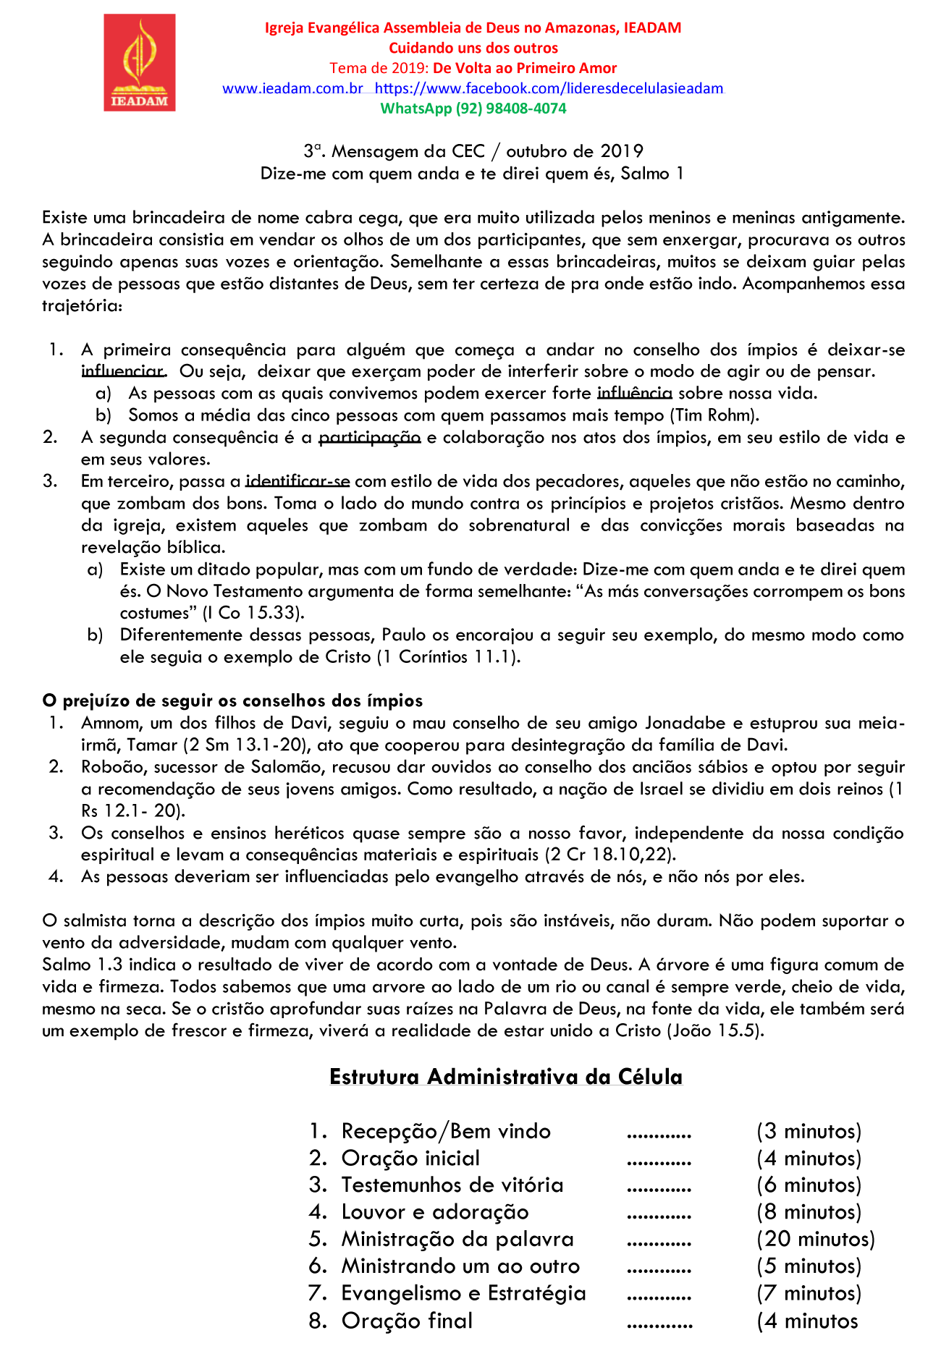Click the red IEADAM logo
click(x=139, y=63)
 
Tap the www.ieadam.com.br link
click(x=292, y=88)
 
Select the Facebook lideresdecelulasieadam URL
click(x=549, y=88)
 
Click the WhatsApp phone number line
click(x=473, y=109)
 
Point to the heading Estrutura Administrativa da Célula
click(x=505, y=1077)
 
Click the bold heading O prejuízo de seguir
click(x=232, y=700)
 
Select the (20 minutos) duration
click(x=816, y=1239)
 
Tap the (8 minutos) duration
click(x=809, y=1212)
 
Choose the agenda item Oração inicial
click(x=410, y=1159)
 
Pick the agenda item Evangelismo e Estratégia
click(x=463, y=1293)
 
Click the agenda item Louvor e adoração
click(x=435, y=1212)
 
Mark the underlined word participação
click(x=370, y=438)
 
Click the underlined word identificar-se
click(x=298, y=482)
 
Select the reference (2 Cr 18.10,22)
click(x=610, y=855)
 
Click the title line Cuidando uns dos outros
click(x=473, y=48)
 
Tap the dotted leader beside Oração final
click(x=659, y=1321)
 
